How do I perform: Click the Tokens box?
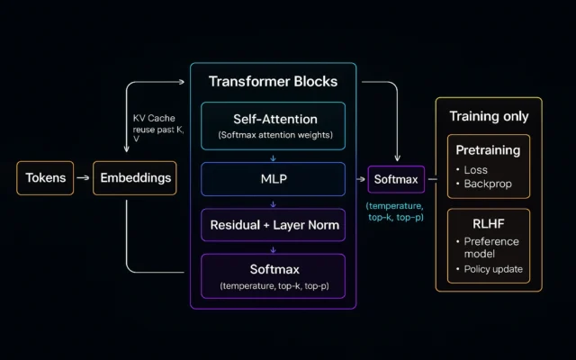[x=45, y=178]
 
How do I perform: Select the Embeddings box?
[x=135, y=178]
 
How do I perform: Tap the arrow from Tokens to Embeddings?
[x=83, y=178]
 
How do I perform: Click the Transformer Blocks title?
[x=273, y=82]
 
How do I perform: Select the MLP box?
[x=273, y=178]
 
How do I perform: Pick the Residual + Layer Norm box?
[x=273, y=224]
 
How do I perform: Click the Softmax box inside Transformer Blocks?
[x=273, y=275]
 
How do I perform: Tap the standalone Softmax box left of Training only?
[x=396, y=179]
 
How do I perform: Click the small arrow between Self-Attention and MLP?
[x=273, y=157]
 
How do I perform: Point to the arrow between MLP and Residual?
[x=273, y=201]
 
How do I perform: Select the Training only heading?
[x=489, y=117]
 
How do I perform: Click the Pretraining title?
[x=489, y=149]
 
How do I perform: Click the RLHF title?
[x=489, y=221]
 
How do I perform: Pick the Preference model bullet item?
[x=493, y=247]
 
